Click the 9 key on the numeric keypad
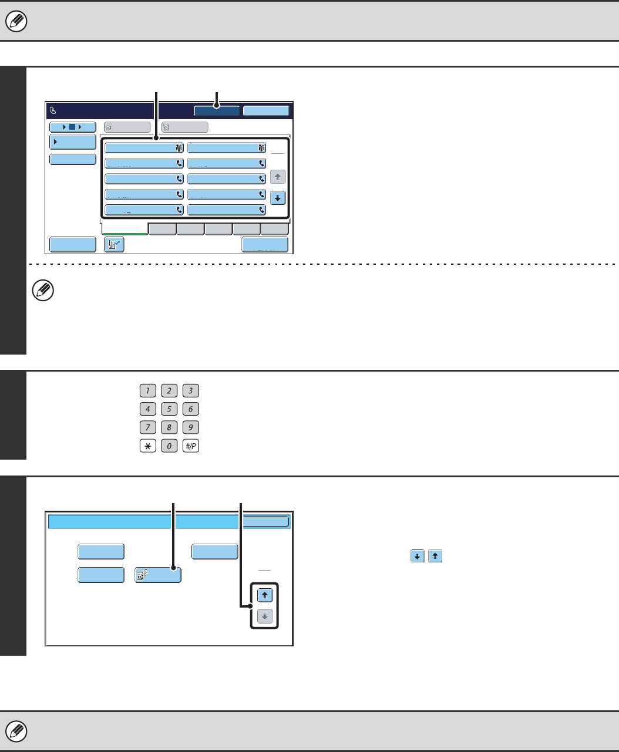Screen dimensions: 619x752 tap(190, 427)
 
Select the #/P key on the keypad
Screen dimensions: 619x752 tap(190, 446)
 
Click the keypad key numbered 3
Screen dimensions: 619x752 tap(190, 391)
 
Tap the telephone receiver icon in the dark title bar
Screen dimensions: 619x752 tap(53, 110)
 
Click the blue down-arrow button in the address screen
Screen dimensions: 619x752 tap(278, 198)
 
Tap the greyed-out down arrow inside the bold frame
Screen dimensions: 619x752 tap(266, 618)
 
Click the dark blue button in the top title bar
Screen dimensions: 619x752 tap(217, 110)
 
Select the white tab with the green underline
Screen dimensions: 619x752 tap(125, 229)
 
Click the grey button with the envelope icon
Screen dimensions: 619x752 tap(127, 127)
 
